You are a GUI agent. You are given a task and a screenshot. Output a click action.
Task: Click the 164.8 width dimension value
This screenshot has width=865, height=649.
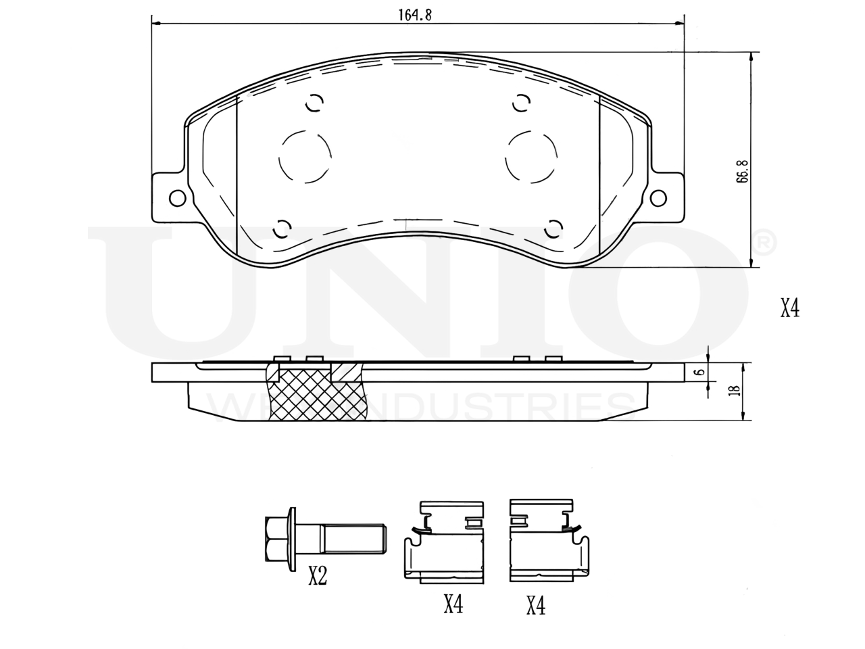415,15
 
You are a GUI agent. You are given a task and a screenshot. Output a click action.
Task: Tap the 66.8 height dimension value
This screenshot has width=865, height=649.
742,171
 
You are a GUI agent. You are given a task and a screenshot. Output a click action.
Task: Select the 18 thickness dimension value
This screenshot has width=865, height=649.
735,390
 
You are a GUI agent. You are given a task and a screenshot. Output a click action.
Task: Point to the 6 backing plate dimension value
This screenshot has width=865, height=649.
700,372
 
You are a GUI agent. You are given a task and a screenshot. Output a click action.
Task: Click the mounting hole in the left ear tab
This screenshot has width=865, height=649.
177,198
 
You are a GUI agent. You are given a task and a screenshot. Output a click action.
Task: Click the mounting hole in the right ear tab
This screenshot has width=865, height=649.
658,198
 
